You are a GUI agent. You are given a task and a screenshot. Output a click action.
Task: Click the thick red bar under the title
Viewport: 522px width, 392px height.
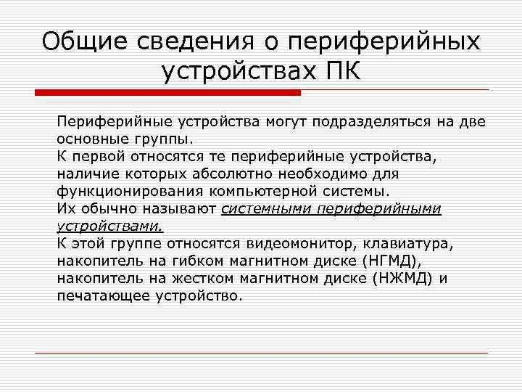pos(167,93)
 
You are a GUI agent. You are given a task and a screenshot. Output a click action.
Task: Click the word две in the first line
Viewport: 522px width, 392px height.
pos(471,121)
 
